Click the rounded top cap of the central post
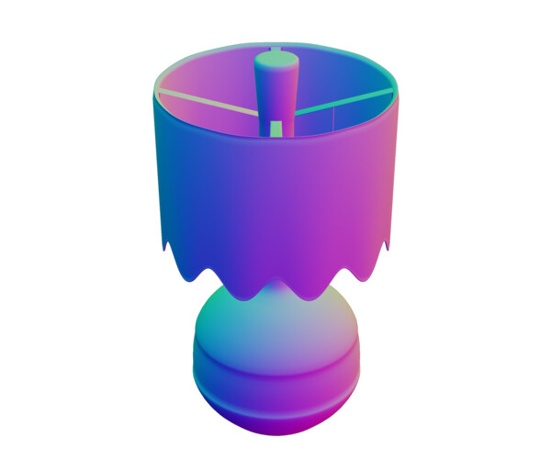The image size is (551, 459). tap(276, 61)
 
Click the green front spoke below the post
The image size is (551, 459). tap(275, 127)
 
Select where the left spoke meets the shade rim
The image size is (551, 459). tap(157, 91)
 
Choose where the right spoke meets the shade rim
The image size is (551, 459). tap(395, 91)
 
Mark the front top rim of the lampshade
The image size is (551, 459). tap(275, 139)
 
